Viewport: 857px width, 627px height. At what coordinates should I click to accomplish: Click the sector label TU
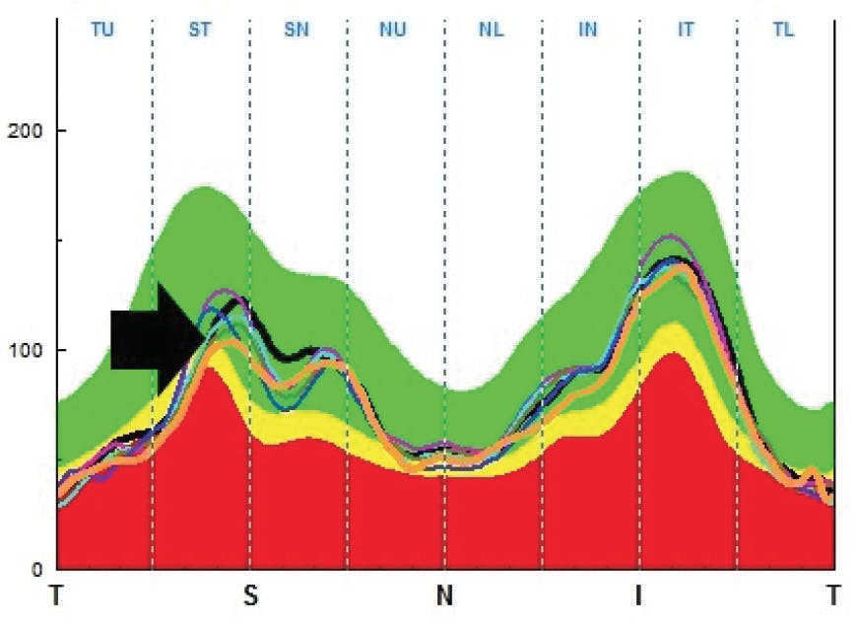pos(102,30)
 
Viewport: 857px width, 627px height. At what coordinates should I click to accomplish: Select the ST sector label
pos(200,30)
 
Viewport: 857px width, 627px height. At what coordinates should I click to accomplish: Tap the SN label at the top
pos(297,30)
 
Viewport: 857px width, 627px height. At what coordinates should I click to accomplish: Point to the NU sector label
pos(393,30)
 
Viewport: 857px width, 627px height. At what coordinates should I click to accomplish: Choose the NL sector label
pos(491,30)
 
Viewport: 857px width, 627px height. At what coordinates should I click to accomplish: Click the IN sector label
pos(588,30)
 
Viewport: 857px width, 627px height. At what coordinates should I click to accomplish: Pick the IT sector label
pos(686,30)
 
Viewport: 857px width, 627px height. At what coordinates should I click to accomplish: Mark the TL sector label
pos(783,30)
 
